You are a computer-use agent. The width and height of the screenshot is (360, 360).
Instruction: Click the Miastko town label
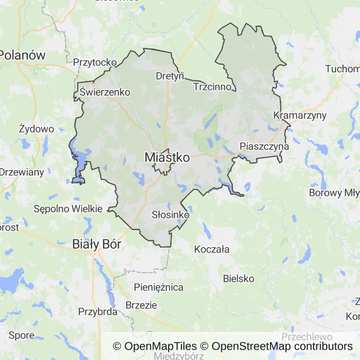pyautogui.click(x=167, y=157)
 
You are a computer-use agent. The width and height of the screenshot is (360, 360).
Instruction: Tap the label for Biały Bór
pyautogui.click(x=97, y=244)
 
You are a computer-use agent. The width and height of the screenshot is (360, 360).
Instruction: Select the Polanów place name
pyautogui.click(x=22, y=55)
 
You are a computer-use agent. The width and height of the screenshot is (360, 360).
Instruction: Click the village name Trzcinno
pyautogui.click(x=212, y=87)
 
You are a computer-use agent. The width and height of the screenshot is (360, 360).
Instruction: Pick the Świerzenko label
pyautogui.click(x=105, y=92)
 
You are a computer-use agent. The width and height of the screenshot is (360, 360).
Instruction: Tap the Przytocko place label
pyautogui.click(x=95, y=62)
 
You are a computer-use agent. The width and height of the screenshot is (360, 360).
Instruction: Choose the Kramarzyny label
pyautogui.click(x=300, y=115)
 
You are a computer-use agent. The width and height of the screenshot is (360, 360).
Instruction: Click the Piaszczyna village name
pyautogui.click(x=264, y=146)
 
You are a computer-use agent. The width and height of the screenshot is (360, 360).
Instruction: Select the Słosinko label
pyautogui.click(x=170, y=215)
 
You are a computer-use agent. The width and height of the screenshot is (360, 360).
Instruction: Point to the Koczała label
pyautogui.click(x=212, y=249)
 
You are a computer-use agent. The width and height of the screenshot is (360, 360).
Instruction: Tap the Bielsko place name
pyautogui.click(x=239, y=279)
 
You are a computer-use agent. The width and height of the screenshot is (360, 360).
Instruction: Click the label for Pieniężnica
pyautogui.click(x=158, y=287)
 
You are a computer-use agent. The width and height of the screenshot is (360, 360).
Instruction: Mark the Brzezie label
pyautogui.click(x=141, y=305)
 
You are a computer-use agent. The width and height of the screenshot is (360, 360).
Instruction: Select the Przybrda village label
pyautogui.click(x=97, y=312)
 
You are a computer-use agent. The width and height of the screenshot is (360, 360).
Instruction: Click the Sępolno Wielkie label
pyautogui.click(x=67, y=209)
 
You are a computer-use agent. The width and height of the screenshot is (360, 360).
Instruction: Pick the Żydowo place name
pyautogui.click(x=36, y=128)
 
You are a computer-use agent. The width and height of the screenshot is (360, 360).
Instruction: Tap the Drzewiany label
pyautogui.click(x=22, y=172)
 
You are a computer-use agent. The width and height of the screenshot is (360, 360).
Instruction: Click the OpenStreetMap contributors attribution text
pyautogui.click(x=282, y=346)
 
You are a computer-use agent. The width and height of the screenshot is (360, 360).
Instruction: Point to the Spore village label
pyautogui.click(x=22, y=335)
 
